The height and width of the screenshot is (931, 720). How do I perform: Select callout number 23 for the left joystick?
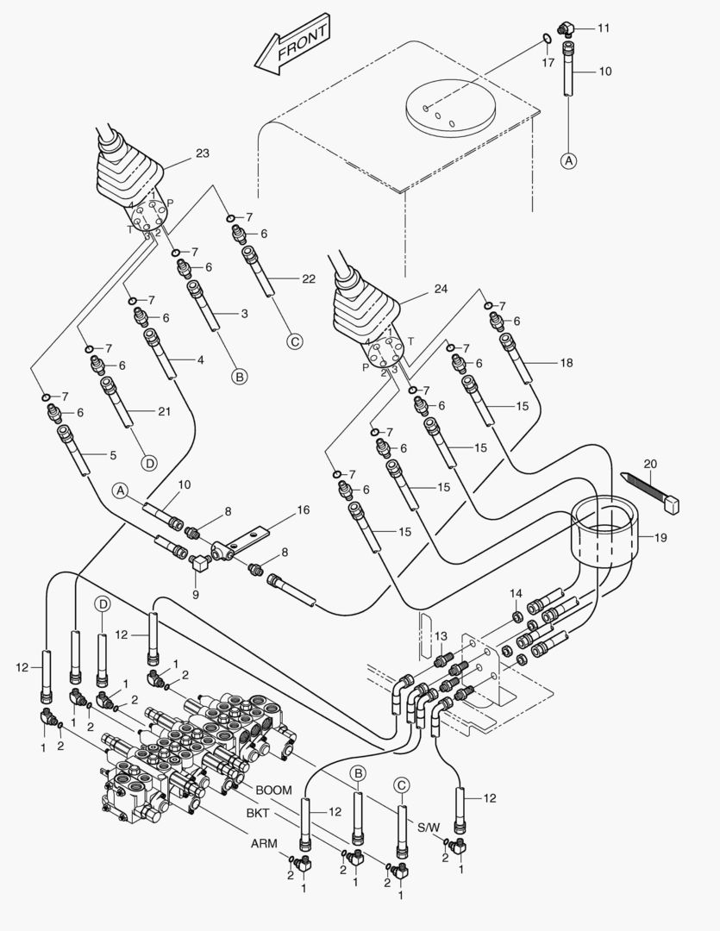click(202, 153)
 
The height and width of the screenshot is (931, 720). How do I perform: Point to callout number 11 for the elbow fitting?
click(603, 28)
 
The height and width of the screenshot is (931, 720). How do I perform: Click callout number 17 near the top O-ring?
click(548, 63)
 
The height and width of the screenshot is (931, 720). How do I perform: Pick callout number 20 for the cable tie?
click(649, 464)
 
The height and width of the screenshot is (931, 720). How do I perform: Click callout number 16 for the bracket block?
click(303, 510)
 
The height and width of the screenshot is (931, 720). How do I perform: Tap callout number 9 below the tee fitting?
click(195, 593)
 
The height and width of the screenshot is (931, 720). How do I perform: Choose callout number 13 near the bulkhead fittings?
click(441, 635)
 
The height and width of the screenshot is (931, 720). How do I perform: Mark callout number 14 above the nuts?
click(516, 593)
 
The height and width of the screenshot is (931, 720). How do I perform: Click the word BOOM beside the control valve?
click(273, 790)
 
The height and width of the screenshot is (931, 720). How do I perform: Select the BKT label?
click(258, 813)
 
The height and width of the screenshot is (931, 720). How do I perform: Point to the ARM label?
click(263, 844)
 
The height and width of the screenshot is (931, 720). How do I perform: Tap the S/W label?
click(429, 828)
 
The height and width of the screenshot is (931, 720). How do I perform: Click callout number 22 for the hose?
click(309, 278)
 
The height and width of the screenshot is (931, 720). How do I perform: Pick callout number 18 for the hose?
click(566, 363)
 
